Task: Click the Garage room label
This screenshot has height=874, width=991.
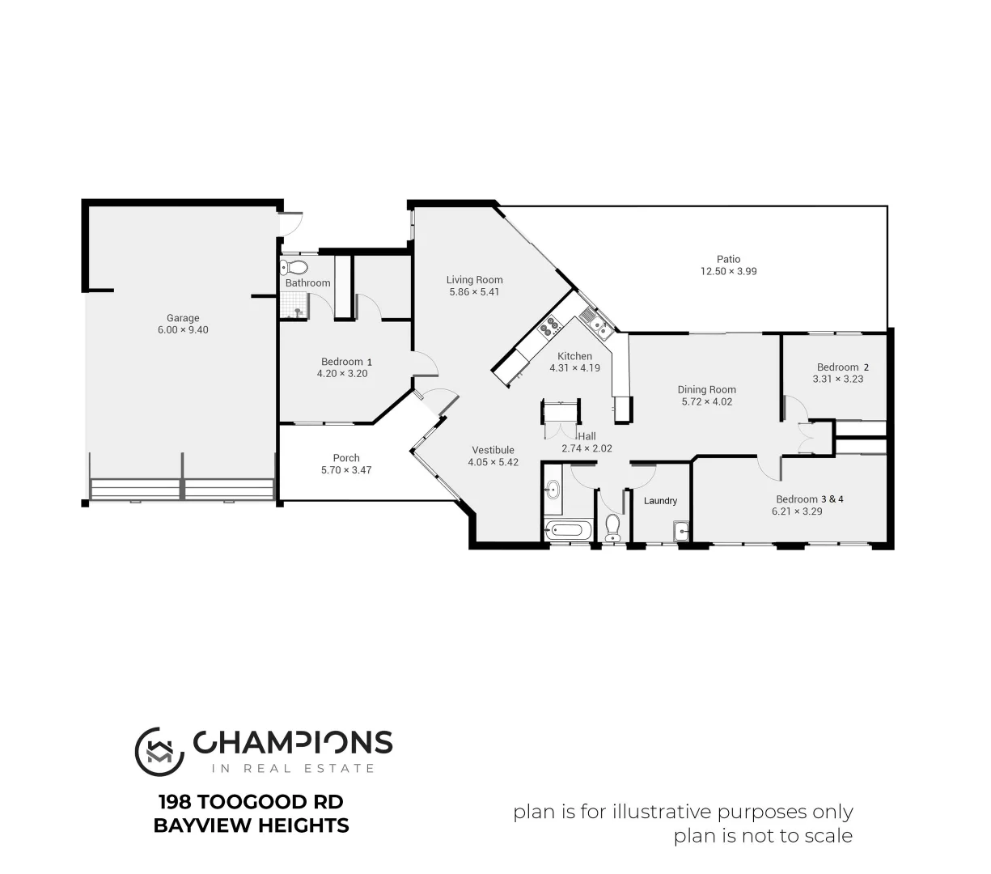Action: click(x=183, y=318)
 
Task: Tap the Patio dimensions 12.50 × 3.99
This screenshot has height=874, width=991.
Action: click(x=728, y=272)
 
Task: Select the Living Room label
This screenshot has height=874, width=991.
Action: click(x=474, y=280)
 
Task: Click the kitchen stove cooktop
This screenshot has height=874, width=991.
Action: click(x=551, y=327)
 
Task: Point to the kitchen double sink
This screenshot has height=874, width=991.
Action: click(x=599, y=326)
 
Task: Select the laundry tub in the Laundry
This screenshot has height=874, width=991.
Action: click(x=681, y=531)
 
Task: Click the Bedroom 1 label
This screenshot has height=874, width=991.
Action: click(x=346, y=362)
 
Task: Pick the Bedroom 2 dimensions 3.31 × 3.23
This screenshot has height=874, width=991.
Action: click(x=837, y=379)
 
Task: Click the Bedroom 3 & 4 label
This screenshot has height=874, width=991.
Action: click(x=809, y=499)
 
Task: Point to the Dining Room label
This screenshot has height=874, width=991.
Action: click(x=706, y=389)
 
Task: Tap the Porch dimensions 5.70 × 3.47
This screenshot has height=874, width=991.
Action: click(x=346, y=470)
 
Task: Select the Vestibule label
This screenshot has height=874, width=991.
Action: click(x=493, y=451)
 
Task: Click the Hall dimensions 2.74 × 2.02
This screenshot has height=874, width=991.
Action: click(x=587, y=448)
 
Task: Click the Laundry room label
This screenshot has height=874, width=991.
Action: click(x=660, y=501)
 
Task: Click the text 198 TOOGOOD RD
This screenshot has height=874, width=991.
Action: click(x=251, y=802)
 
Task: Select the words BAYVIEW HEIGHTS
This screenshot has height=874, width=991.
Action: click(x=251, y=825)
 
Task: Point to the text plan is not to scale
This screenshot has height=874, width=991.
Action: click(x=763, y=836)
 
